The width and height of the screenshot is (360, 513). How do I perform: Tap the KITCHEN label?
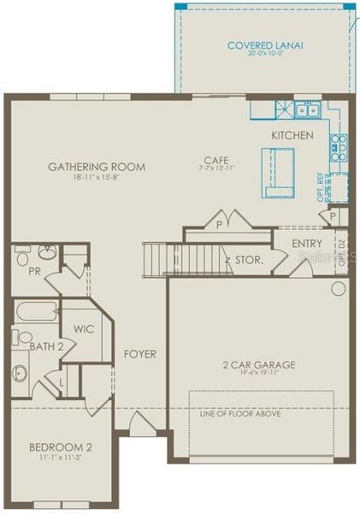(292, 136)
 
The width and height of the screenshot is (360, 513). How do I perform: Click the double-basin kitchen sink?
(305, 110)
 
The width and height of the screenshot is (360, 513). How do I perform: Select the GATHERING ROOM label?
(97, 167)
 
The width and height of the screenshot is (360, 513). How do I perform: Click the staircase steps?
(157, 257)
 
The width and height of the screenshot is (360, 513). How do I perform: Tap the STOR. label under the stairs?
(249, 259)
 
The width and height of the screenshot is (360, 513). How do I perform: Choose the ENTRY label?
(306, 244)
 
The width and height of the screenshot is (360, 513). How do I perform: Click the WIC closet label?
(82, 328)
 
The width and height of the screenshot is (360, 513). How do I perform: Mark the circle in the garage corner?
(337, 289)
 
